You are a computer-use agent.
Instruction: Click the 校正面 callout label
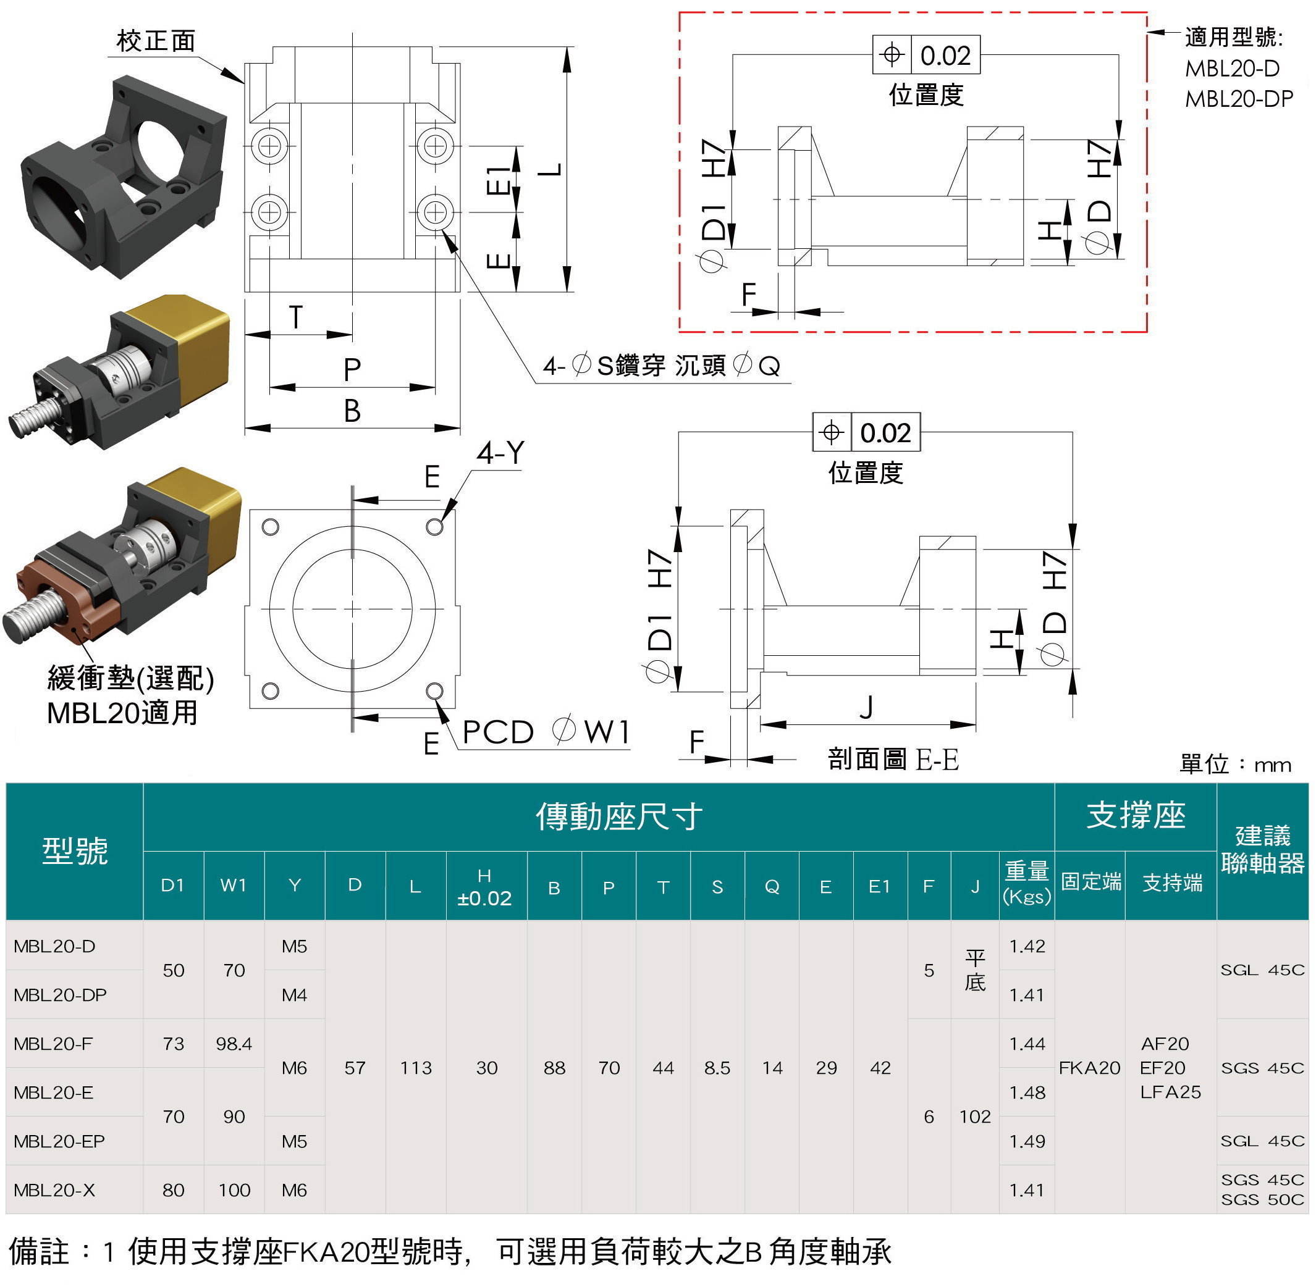click(x=156, y=41)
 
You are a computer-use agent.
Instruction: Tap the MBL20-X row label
click(x=54, y=1189)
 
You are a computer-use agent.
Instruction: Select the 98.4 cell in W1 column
click(x=234, y=1044)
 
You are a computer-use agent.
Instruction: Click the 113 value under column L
click(x=415, y=1068)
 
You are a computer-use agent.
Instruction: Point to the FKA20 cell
click(x=1089, y=1068)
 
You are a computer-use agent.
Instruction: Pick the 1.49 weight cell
click(x=1027, y=1141)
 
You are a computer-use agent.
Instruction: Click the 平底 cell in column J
click(x=974, y=970)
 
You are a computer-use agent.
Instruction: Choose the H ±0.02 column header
click(x=484, y=887)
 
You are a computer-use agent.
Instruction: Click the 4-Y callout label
click(x=500, y=452)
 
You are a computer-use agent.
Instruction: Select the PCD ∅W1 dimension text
click(x=546, y=732)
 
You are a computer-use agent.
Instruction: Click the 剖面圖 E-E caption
click(x=893, y=759)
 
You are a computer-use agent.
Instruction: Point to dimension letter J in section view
click(x=866, y=708)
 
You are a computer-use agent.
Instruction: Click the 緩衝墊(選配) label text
click(x=130, y=678)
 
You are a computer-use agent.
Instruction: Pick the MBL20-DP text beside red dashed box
click(x=1239, y=99)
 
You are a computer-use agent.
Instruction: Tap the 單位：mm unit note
click(x=1235, y=764)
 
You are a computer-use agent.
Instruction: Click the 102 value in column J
click(x=974, y=1117)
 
